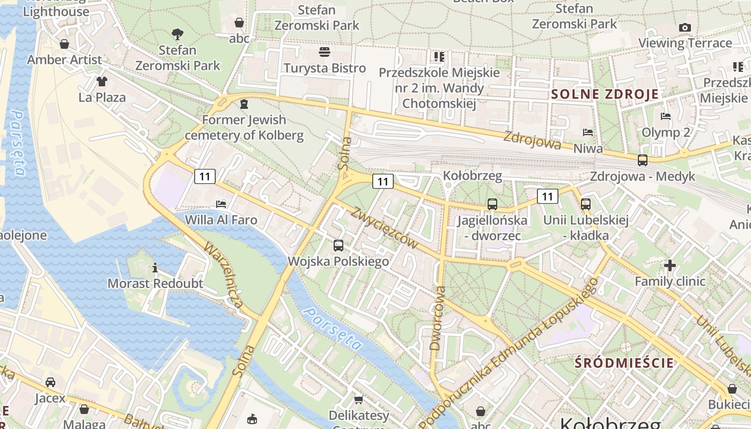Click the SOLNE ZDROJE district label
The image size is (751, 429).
pos(605,94)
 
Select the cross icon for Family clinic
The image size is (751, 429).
pos(670,265)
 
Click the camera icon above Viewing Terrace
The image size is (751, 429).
pos(684,27)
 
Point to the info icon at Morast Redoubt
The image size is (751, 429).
pos(156,268)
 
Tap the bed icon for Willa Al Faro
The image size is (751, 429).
pos(221,204)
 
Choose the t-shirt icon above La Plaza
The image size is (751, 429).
pos(102,82)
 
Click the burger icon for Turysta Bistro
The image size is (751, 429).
pos(325,52)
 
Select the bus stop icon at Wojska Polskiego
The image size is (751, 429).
pos(338,246)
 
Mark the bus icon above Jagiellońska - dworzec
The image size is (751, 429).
pos(492,204)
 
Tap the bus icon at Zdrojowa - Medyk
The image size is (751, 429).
pos(642,160)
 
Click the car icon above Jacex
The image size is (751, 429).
pos(50,382)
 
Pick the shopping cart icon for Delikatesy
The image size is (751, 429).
pos(358,400)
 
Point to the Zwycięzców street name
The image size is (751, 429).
pos(384,227)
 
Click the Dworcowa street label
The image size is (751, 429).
pos(438,318)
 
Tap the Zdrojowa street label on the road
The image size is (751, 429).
pos(532,140)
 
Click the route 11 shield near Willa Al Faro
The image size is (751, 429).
pos(205,176)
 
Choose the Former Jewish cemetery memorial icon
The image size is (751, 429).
pos(244,103)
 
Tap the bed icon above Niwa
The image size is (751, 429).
pos(588,132)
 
